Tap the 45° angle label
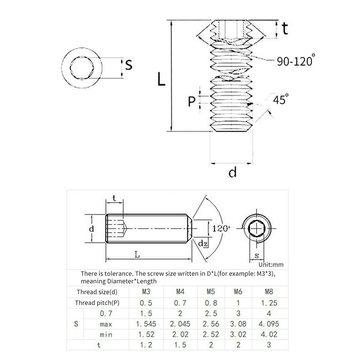click(x=281, y=99)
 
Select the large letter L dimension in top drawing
click(x=161, y=78)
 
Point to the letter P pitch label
click(x=191, y=101)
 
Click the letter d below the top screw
click(x=232, y=172)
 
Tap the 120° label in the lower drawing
click(x=221, y=229)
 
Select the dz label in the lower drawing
click(x=202, y=243)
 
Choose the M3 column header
click(x=146, y=292)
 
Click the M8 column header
click(x=268, y=292)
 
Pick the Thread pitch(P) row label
click(x=97, y=303)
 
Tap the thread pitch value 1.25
click(x=268, y=303)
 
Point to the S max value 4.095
click(x=268, y=324)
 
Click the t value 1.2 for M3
click(x=146, y=345)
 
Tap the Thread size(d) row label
click(x=97, y=292)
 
